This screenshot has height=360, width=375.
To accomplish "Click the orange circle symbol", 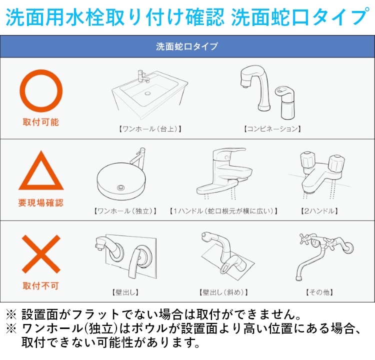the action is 41,72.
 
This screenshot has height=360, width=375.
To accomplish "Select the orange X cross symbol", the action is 41,254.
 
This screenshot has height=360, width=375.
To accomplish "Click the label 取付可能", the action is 41,122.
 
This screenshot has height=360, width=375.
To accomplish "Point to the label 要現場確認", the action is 41,203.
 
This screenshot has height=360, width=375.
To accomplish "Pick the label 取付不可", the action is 41,285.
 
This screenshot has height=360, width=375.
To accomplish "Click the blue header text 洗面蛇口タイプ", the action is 187,46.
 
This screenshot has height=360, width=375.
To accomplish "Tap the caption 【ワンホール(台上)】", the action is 150,129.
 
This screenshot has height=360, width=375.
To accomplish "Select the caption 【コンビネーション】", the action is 272,129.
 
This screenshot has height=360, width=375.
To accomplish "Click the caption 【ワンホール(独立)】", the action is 125,211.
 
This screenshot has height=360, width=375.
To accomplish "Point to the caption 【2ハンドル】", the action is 319,211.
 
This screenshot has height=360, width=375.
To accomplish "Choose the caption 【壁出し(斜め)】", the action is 223,292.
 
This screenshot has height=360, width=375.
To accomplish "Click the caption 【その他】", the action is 319,292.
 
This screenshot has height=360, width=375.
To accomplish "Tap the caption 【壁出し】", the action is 125,292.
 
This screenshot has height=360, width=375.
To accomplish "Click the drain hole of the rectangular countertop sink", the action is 147,93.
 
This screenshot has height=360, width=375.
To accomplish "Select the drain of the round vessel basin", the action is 121,187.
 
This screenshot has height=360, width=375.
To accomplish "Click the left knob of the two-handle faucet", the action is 307,159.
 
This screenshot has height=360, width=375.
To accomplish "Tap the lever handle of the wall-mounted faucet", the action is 135,262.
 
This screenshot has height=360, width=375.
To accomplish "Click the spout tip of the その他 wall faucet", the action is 298,278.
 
